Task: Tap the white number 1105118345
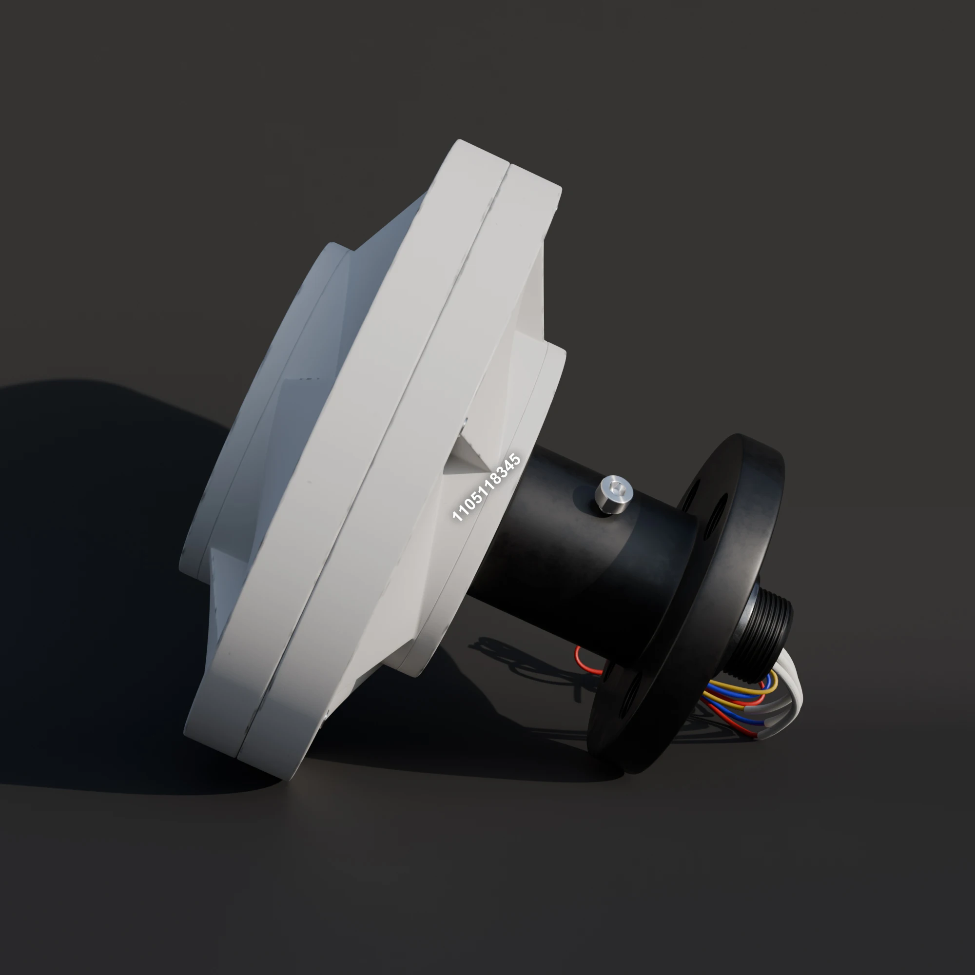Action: click(x=486, y=487)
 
